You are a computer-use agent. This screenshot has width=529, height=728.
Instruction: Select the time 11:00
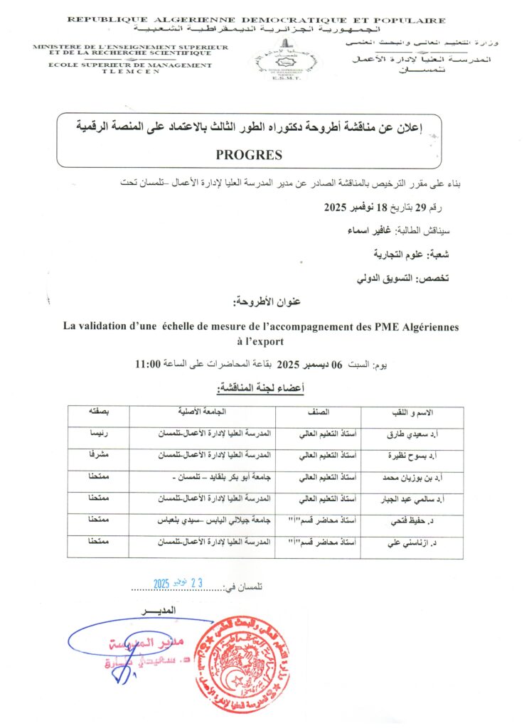click(x=149, y=364)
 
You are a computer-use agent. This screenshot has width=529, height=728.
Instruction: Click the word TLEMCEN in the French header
click(x=132, y=72)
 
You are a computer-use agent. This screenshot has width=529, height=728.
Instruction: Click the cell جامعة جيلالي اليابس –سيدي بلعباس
click(x=213, y=521)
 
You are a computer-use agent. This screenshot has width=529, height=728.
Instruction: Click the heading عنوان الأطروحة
click(x=267, y=303)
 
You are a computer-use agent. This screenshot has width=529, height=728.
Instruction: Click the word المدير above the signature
click(x=158, y=611)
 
